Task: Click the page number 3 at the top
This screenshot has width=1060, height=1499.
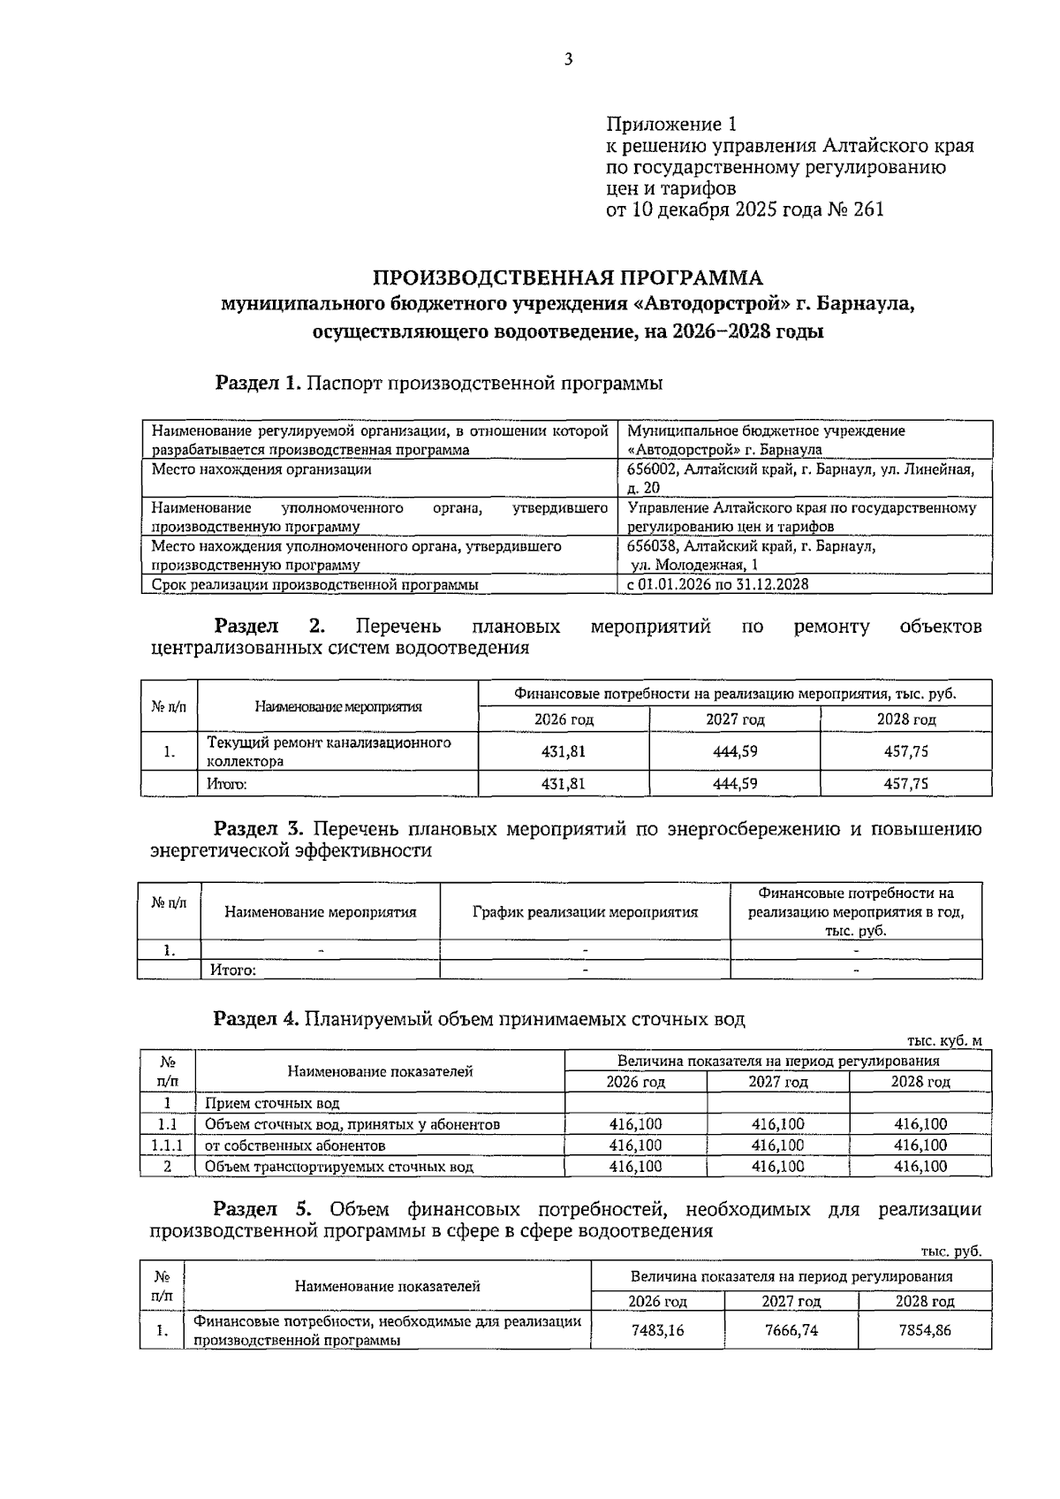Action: tap(568, 59)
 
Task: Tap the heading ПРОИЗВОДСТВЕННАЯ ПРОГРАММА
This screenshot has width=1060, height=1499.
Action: tap(568, 278)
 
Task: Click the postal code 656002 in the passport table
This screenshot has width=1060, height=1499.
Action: tap(650, 469)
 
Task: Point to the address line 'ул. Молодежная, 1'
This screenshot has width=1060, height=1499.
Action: tap(694, 565)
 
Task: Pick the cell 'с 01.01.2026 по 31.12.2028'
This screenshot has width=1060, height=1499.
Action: tap(717, 584)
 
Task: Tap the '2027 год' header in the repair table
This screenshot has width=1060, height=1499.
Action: tap(735, 719)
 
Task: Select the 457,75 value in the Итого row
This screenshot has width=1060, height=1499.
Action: tap(905, 783)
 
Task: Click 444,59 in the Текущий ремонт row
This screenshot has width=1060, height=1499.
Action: tap(735, 751)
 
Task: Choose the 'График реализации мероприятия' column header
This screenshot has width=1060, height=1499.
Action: tap(585, 912)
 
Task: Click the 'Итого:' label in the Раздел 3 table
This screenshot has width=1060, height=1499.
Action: tap(233, 970)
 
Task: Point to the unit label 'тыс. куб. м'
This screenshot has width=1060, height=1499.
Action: tap(944, 1040)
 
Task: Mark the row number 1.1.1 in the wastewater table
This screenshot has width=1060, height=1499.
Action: tap(168, 1145)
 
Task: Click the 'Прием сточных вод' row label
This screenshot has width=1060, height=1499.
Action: tap(272, 1103)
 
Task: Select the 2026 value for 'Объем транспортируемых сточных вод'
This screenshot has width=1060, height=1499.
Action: tap(635, 1167)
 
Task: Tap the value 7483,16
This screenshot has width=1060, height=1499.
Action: tap(657, 1329)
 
